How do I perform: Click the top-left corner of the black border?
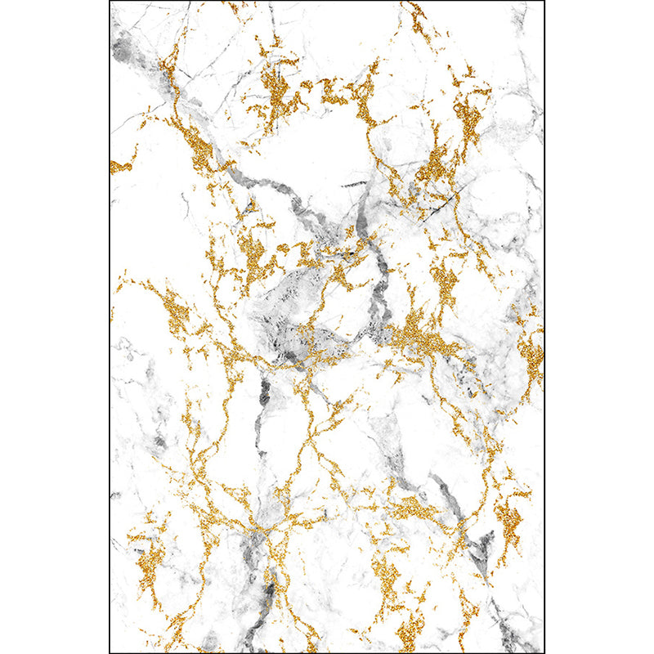110,2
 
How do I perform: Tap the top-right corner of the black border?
544,2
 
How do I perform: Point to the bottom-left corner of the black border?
110,652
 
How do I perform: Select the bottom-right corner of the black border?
544,652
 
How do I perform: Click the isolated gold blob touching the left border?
119,167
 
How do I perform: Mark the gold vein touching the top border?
417,16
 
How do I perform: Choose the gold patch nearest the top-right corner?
470,114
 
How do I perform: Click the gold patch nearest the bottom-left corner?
147,564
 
